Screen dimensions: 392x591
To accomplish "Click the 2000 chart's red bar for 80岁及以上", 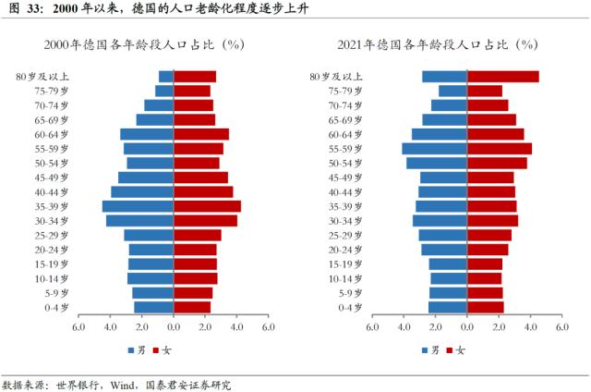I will [x=195, y=77].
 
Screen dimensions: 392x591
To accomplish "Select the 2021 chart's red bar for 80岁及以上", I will [x=502, y=77].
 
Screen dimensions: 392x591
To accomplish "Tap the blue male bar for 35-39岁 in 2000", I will [x=138, y=206].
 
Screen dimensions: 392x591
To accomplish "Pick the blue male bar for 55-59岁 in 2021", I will [x=434, y=149].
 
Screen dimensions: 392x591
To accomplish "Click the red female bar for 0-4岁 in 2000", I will [x=192, y=307].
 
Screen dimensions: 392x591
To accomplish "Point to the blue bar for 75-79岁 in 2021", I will [x=452, y=91].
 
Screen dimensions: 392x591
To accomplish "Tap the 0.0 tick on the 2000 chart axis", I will [x=174, y=326].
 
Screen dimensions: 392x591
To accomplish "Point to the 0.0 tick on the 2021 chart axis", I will [x=467, y=326].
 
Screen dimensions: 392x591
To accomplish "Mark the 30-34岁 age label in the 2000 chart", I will [x=55, y=221].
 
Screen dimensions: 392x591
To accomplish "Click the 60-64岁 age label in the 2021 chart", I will [x=348, y=134].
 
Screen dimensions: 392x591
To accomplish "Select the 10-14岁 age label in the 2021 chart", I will [x=348, y=278].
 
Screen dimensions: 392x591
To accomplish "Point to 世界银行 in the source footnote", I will [x=78, y=383].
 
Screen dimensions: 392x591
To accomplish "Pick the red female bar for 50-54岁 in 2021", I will [x=497, y=163].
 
